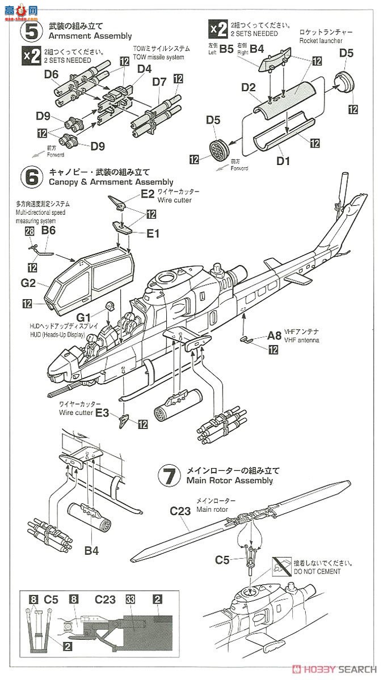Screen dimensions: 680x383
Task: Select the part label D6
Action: click(x=50, y=74)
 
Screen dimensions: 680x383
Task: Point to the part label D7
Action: click(x=159, y=83)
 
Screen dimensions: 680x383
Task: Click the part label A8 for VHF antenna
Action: click(x=275, y=336)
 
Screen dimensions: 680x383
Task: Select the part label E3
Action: click(x=102, y=413)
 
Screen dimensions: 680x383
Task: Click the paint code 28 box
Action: click(x=30, y=230)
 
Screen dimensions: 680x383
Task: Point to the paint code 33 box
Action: click(x=131, y=598)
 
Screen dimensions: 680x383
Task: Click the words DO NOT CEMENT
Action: click(x=317, y=572)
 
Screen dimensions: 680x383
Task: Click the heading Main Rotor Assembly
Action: click(x=229, y=481)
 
